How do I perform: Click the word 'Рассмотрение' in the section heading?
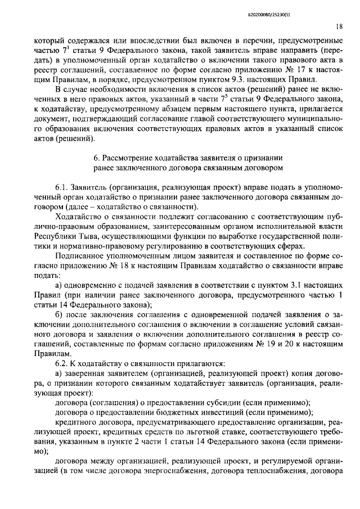133,159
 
